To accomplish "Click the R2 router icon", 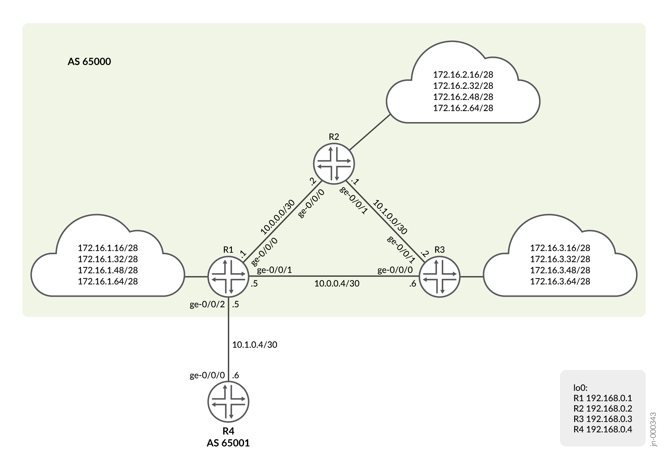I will (334, 164).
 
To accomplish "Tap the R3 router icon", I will (439, 277).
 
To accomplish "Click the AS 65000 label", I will (89, 61).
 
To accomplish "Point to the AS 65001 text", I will (228, 443).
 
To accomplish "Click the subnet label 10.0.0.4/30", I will (337, 284).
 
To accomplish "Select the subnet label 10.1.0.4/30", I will (254, 344).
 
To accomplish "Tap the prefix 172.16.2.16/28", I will (463, 74).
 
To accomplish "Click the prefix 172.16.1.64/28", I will (108, 281).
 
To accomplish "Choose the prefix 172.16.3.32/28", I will (560, 259).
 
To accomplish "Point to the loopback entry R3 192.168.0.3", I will (602, 419).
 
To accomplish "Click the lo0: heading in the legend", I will (580, 388).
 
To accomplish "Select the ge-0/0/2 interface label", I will (207, 305).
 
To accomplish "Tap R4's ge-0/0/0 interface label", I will (207, 376).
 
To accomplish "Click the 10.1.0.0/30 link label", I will (390, 217).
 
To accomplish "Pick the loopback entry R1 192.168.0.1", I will (602, 398).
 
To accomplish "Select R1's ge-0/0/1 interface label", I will (274, 270).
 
